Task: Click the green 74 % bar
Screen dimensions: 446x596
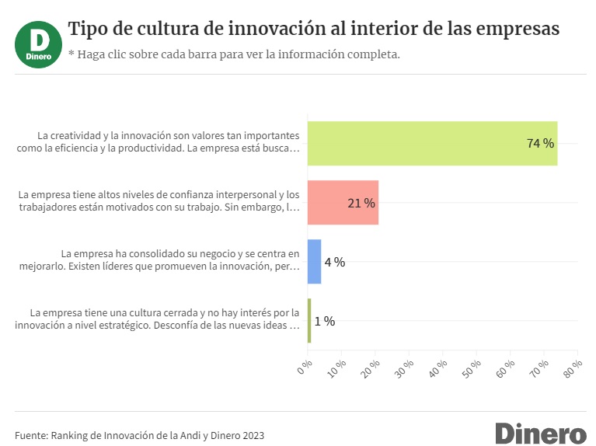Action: pyautogui.click(x=432, y=144)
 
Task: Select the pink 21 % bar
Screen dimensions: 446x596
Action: pyautogui.click(x=343, y=203)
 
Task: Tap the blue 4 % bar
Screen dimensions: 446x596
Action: pyautogui.click(x=314, y=262)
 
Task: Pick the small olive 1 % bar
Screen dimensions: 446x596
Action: pyautogui.click(x=309, y=321)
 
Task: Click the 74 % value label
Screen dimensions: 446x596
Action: pyautogui.click(x=540, y=144)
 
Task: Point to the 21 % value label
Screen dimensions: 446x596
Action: pyautogui.click(x=361, y=203)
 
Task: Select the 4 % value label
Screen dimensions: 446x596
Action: pyautogui.click(x=335, y=262)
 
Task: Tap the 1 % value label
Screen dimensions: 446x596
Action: pyautogui.click(x=325, y=321)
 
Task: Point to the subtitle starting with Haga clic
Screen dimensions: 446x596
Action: pyautogui.click(x=234, y=54)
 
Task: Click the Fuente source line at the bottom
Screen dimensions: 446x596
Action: pyautogui.click(x=140, y=435)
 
